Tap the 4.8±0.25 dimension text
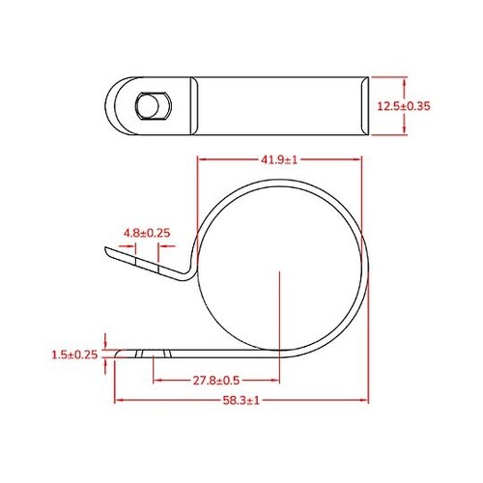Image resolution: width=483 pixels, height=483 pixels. [x=147, y=233]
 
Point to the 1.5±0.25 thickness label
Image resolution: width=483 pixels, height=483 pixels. [x=73, y=355]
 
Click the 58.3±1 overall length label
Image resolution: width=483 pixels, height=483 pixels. [x=240, y=399]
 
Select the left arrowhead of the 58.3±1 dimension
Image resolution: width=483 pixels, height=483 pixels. [x=118, y=399]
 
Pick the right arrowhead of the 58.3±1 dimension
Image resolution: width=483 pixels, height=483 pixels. [x=368, y=399]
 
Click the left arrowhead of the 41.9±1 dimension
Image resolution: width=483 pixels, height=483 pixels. [x=200, y=161]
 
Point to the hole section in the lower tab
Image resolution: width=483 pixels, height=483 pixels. [x=147, y=355]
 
